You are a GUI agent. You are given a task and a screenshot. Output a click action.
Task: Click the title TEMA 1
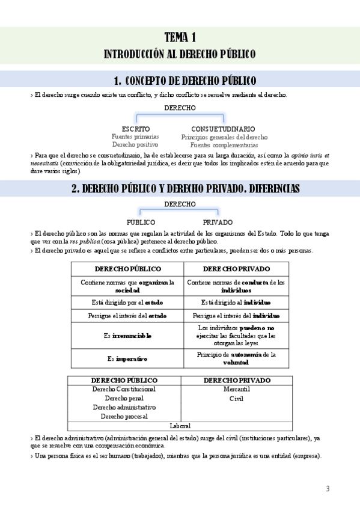point(180,37)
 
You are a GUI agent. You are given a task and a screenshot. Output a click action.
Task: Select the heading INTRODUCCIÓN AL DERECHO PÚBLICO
point(180,54)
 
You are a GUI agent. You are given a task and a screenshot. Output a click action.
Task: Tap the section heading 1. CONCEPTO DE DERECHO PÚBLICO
point(185,81)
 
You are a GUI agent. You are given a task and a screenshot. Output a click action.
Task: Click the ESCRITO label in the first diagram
point(135,129)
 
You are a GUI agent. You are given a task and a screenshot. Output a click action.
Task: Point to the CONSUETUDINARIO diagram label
point(223,129)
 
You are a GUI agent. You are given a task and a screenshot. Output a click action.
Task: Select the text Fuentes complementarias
point(224,145)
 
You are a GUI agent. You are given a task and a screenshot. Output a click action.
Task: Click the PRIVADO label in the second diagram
point(218,222)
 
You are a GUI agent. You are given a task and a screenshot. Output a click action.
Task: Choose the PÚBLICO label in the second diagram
point(141,222)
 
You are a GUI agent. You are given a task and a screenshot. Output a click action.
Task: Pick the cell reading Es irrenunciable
point(127,336)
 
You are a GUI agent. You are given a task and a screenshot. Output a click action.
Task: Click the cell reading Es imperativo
point(127,359)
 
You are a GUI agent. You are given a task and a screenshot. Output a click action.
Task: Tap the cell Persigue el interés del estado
point(127,315)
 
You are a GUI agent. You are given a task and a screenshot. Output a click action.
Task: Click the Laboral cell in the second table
point(180,426)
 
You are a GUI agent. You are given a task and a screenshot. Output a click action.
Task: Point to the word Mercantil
point(236,389)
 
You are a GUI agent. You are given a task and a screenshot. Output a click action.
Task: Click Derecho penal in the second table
point(124,398)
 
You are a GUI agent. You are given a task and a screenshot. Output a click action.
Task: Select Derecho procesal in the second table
point(124,416)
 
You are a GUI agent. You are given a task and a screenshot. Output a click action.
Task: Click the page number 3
point(328,488)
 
